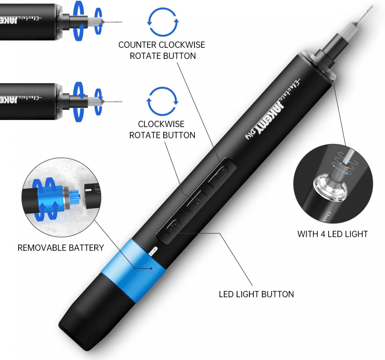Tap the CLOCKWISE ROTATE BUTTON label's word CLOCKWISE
161,124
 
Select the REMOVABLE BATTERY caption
61,248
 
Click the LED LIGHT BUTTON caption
256,294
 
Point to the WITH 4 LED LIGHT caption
333,234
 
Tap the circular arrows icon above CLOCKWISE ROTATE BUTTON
162,102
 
